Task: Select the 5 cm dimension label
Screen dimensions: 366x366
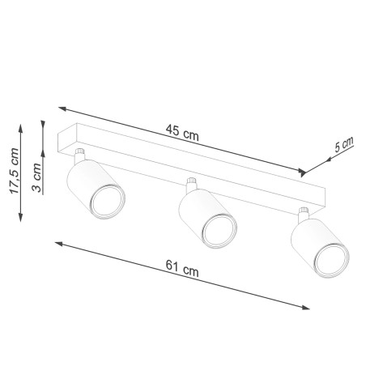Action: (344, 145)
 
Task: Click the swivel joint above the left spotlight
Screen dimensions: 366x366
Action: (79, 154)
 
